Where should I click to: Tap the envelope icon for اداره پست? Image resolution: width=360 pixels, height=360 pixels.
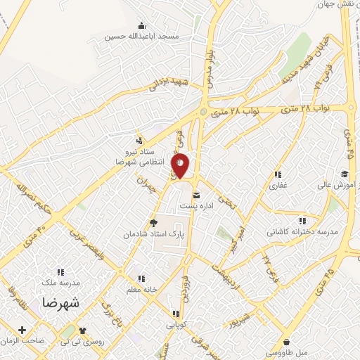coord(195,194)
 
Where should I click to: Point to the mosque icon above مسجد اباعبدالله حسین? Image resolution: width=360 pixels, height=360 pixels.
coord(143,25)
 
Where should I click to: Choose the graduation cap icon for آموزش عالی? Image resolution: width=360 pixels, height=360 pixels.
coord(345,174)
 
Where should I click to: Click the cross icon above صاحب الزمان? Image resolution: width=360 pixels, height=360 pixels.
coord(23,329)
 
